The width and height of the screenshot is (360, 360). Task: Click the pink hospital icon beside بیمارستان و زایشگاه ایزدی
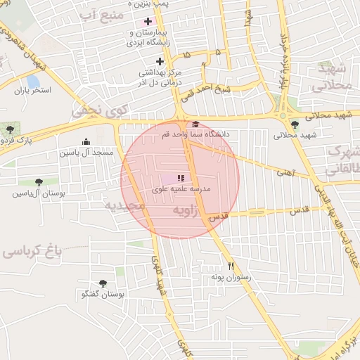point(147,21)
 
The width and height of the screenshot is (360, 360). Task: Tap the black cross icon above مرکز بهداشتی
point(160,60)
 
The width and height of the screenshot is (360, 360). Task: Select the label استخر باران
point(33,91)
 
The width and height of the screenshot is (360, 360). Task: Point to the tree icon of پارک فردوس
point(10,129)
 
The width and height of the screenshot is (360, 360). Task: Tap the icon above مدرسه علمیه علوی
point(181,179)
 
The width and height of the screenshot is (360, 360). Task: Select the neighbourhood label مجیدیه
point(124,206)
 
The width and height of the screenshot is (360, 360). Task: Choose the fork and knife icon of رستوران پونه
point(231,266)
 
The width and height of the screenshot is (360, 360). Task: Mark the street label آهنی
point(285,171)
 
